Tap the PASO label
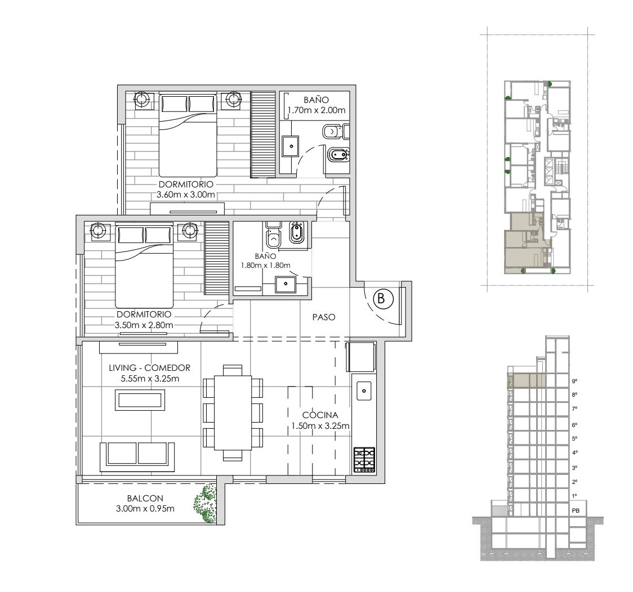324,317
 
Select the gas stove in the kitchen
364,460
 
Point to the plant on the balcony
206,504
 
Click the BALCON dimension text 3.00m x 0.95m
145,509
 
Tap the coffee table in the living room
140,400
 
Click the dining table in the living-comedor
233,412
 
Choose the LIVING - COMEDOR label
149,368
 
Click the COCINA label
320,415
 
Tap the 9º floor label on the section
574,381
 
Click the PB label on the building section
576,510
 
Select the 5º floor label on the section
574,439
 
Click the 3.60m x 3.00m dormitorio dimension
186,195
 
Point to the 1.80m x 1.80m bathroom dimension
266,266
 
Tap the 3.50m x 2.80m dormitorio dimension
144,325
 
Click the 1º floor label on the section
574,496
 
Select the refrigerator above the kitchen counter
360,356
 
